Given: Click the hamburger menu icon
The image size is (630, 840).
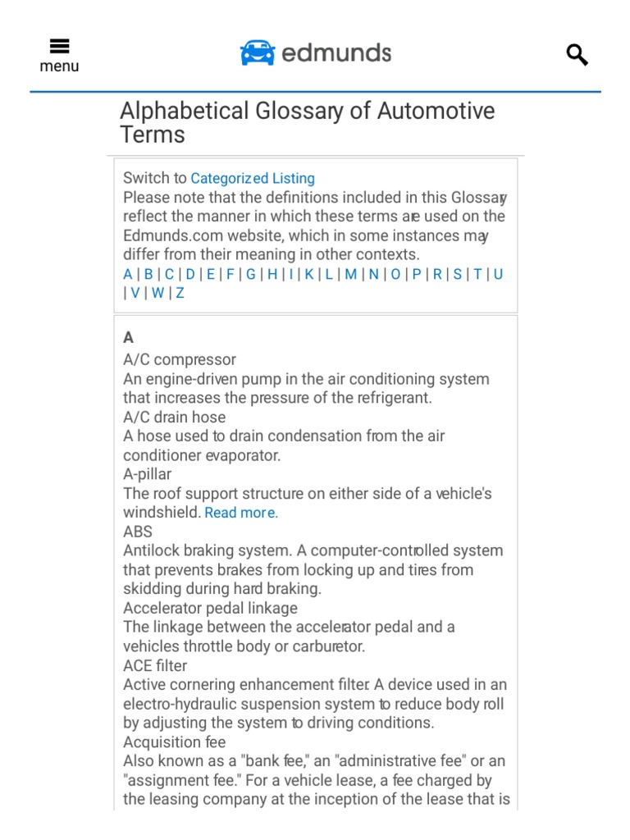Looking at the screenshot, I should pyautogui.click(x=59, y=47).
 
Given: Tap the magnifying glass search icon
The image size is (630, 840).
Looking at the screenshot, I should pyautogui.click(x=577, y=55).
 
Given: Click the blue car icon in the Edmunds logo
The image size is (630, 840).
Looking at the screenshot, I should pyautogui.click(x=257, y=53).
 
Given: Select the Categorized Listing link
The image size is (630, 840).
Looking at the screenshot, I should pyautogui.click(x=253, y=178).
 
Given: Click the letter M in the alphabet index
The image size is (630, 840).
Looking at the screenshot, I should pyautogui.click(x=351, y=274).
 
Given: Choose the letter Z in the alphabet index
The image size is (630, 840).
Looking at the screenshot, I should pyautogui.click(x=180, y=293).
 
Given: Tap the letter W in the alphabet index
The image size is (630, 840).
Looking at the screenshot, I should pyautogui.click(x=157, y=293).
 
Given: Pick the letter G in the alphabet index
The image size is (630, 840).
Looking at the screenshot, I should pyautogui.click(x=251, y=274).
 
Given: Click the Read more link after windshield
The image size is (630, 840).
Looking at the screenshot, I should pyautogui.click(x=241, y=513).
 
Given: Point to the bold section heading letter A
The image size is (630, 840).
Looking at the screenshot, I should pyautogui.click(x=128, y=337).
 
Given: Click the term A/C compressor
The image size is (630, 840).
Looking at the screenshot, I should pyautogui.click(x=180, y=359).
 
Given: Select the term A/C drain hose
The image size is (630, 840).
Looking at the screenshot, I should pyautogui.click(x=174, y=417).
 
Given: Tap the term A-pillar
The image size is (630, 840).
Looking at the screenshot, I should pyautogui.click(x=148, y=474).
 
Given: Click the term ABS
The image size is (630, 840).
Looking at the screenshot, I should pyautogui.click(x=138, y=532).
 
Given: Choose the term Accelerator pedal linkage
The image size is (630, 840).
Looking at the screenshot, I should pyautogui.click(x=210, y=608).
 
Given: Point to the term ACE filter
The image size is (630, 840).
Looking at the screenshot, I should pyautogui.click(x=155, y=665).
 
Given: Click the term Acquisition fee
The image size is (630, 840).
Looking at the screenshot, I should pyautogui.click(x=174, y=742).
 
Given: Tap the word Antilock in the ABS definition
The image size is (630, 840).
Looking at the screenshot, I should pyautogui.click(x=149, y=550).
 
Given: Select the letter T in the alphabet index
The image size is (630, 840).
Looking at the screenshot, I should pyautogui.click(x=477, y=274).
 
